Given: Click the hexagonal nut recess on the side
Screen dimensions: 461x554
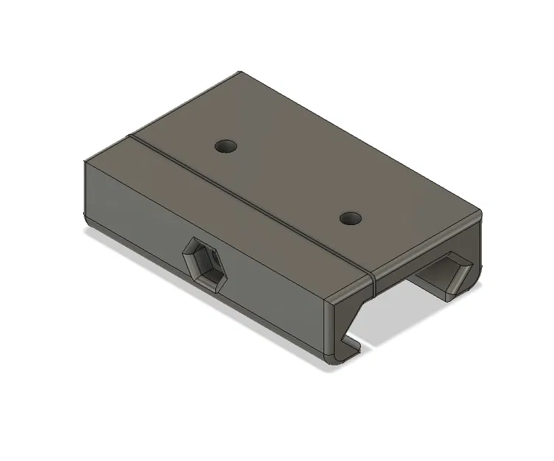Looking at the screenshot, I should point(203,263).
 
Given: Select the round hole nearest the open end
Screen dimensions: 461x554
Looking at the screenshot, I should point(351,218).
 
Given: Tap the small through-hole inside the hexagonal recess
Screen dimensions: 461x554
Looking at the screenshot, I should point(206,265).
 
